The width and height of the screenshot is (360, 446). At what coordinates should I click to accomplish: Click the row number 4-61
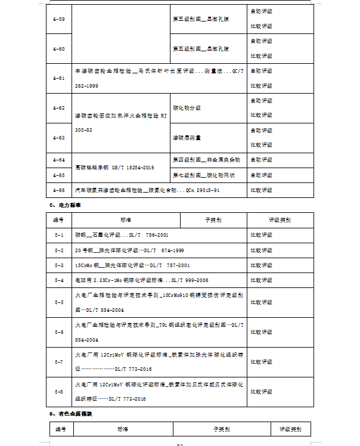point(58,78)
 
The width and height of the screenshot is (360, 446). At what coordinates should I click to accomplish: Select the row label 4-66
point(58,190)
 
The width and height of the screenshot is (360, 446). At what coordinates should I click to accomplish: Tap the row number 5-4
point(58,280)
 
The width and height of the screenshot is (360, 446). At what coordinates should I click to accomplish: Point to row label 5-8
point(58,392)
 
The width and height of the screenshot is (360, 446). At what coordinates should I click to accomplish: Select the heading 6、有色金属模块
point(70,414)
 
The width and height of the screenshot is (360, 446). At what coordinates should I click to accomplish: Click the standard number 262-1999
point(87,86)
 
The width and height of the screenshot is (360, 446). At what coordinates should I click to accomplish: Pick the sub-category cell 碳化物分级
point(187,108)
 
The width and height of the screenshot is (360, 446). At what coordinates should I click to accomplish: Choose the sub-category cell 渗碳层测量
point(187,138)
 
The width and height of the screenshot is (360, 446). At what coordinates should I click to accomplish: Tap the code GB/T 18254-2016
point(125,168)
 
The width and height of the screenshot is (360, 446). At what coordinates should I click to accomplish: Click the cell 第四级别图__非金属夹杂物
point(206,160)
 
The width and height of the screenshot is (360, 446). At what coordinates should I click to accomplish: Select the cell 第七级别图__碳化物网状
point(204,175)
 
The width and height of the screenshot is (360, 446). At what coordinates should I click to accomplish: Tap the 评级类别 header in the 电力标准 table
point(280,220)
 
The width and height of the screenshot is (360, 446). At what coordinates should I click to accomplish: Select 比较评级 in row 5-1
point(261,236)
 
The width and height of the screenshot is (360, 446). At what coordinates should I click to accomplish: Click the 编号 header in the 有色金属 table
point(61,429)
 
